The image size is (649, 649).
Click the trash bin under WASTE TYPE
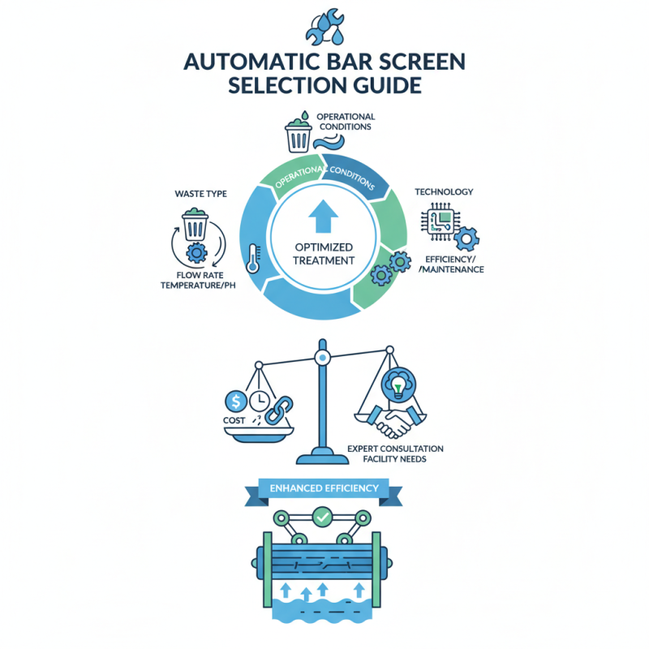(195, 225)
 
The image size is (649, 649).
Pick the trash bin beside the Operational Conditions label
(298, 136)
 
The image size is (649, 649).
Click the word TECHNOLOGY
(444, 192)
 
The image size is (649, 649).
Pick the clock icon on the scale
(259, 400)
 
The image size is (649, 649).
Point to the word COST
(234, 423)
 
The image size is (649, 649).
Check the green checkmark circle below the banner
(324, 515)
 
